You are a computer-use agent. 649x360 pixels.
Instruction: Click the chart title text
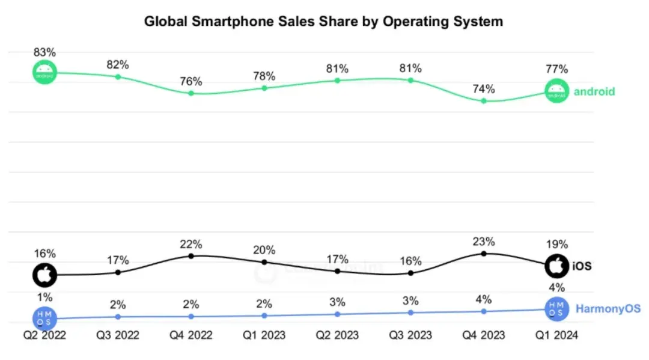click(323, 22)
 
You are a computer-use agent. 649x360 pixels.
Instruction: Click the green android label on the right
click(594, 92)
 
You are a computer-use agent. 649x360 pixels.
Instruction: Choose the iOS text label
click(582, 265)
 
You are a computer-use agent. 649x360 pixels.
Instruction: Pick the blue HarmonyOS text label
click(608, 310)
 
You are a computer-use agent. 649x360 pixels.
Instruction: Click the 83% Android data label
click(44, 52)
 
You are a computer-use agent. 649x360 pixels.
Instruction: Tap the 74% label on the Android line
click(484, 89)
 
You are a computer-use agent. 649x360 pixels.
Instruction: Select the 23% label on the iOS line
click(484, 242)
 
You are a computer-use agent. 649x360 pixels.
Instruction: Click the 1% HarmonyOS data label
click(44, 297)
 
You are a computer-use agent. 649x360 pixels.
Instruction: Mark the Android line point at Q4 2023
click(484, 101)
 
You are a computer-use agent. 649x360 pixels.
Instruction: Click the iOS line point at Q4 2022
click(191, 256)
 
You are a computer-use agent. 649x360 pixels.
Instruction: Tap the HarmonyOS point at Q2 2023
click(337, 314)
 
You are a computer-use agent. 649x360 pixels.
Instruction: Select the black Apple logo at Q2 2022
click(44, 275)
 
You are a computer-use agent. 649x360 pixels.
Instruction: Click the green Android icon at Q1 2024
click(557, 91)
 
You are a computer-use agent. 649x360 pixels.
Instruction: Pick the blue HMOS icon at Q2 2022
click(44, 318)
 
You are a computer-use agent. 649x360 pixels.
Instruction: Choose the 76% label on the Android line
click(191, 81)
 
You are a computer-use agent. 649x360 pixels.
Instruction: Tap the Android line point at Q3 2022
click(118, 76)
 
